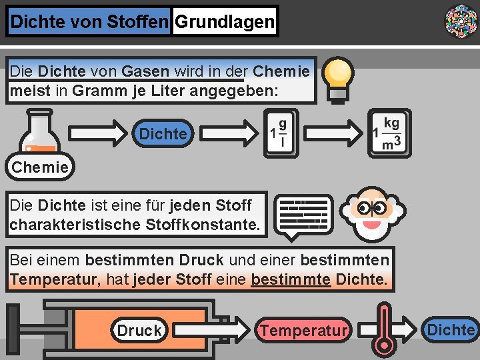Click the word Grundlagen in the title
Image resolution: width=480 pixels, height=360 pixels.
[224, 22]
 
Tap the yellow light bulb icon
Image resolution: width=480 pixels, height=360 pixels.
[337, 79]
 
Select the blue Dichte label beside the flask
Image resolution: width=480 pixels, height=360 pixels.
[163, 134]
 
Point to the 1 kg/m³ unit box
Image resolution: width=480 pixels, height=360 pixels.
[389, 133]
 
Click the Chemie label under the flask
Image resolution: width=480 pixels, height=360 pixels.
[40, 167]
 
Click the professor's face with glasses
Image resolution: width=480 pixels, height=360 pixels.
[371, 213]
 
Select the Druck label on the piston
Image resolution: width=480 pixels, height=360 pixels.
[139, 330]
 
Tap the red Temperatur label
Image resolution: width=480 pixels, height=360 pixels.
[303, 330]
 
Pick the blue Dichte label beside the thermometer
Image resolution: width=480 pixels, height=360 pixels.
[451, 329]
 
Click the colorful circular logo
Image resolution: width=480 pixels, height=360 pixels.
[461, 21]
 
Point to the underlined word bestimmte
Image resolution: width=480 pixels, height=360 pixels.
[291, 279]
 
